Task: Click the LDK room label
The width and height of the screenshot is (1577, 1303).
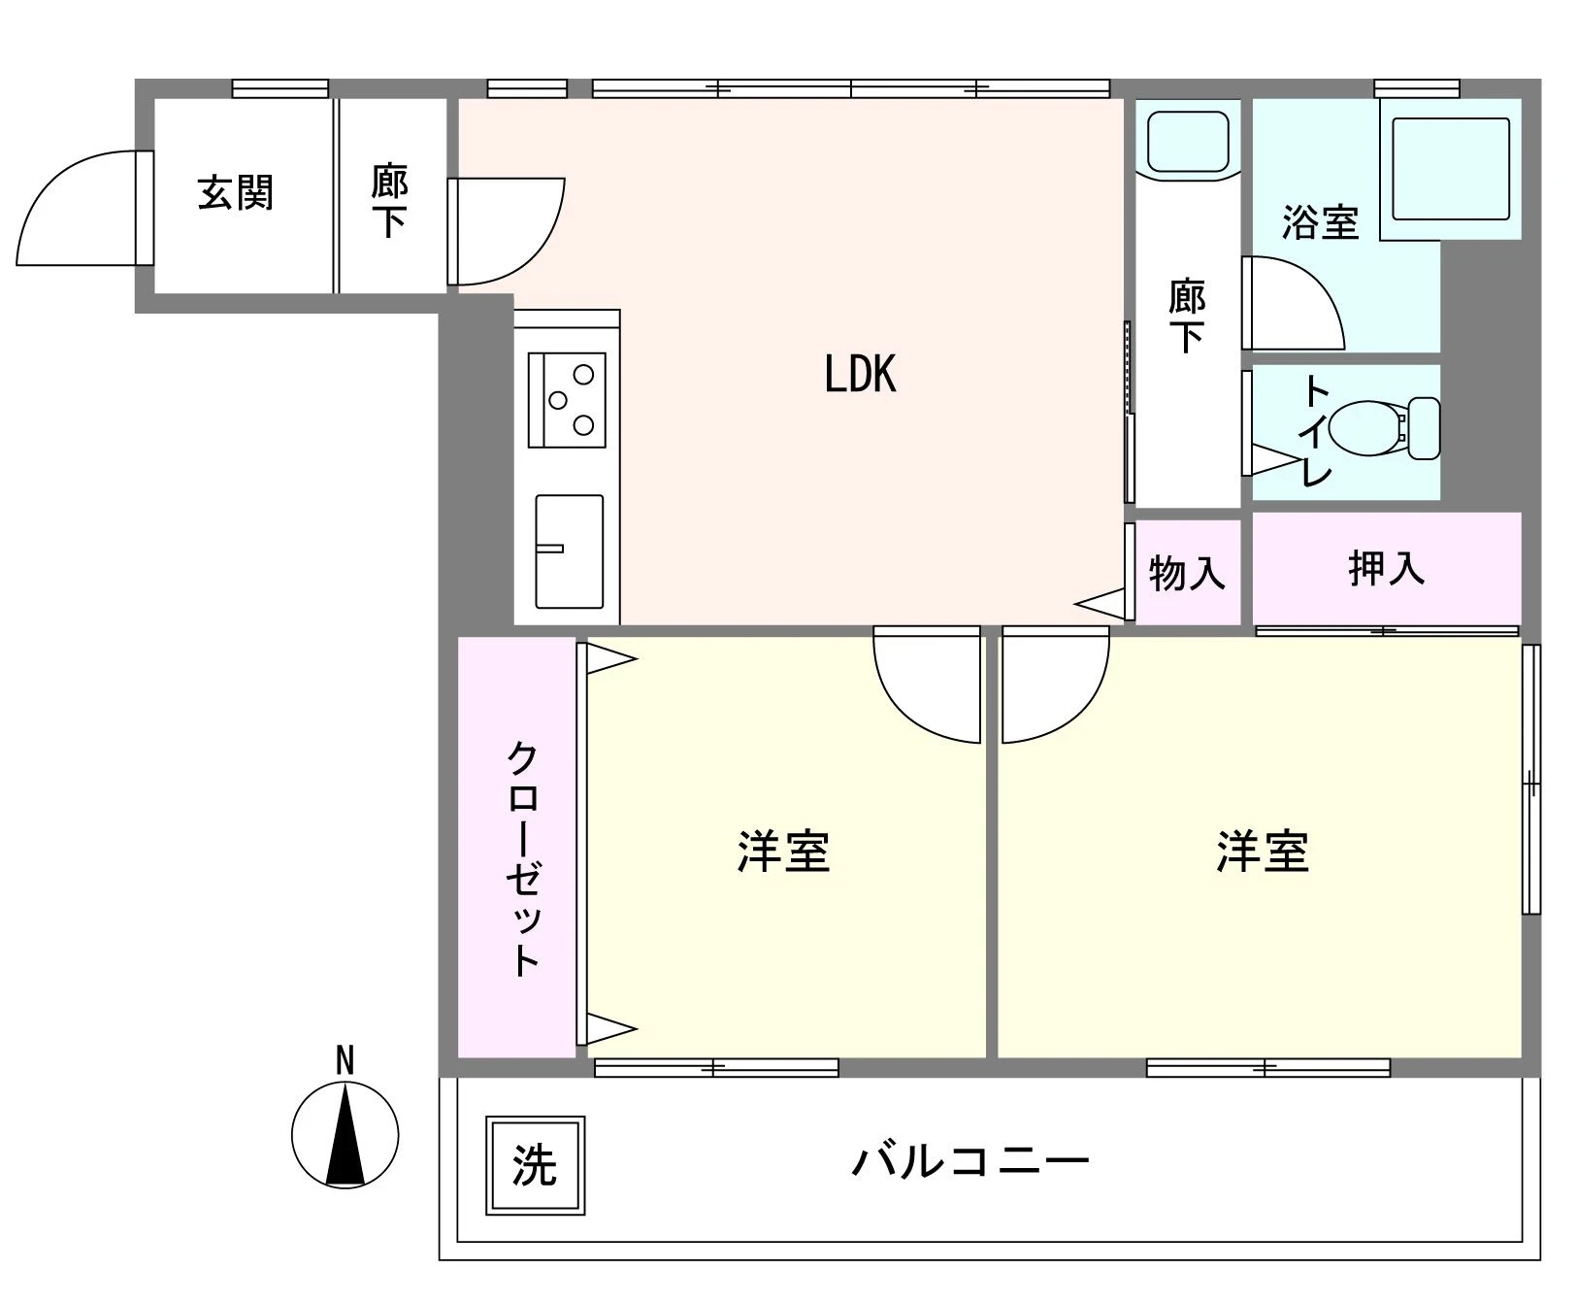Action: pyautogui.click(x=860, y=374)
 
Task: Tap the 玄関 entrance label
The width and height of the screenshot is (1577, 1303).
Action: pyautogui.click(x=236, y=193)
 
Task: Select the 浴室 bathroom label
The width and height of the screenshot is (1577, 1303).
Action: pyautogui.click(x=1319, y=222)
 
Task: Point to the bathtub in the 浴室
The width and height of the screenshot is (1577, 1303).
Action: pyautogui.click(x=1450, y=170)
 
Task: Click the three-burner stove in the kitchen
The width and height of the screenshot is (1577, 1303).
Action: pyautogui.click(x=567, y=399)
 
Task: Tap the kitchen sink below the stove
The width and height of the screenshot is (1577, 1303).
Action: pyautogui.click(x=569, y=551)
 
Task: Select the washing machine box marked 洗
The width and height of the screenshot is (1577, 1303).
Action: pyautogui.click(x=535, y=1164)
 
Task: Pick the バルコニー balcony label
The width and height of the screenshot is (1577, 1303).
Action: pyautogui.click(x=969, y=1161)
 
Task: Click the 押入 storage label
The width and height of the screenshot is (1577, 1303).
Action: pyautogui.click(x=1386, y=568)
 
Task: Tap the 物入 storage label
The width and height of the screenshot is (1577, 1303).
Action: pyautogui.click(x=1186, y=574)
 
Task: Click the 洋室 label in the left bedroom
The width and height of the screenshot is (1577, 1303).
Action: pyautogui.click(x=783, y=852)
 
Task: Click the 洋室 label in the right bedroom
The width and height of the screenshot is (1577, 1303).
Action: pyautogui.click(x=1262, y=852)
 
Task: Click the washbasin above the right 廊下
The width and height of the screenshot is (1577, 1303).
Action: pyautogui.click(x=1188, y=142)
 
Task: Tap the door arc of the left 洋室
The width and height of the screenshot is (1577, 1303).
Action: pyautogui.click(x=922, y=689)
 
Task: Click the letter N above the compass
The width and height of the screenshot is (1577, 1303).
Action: pyautogui.click(x=345, y=1060)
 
